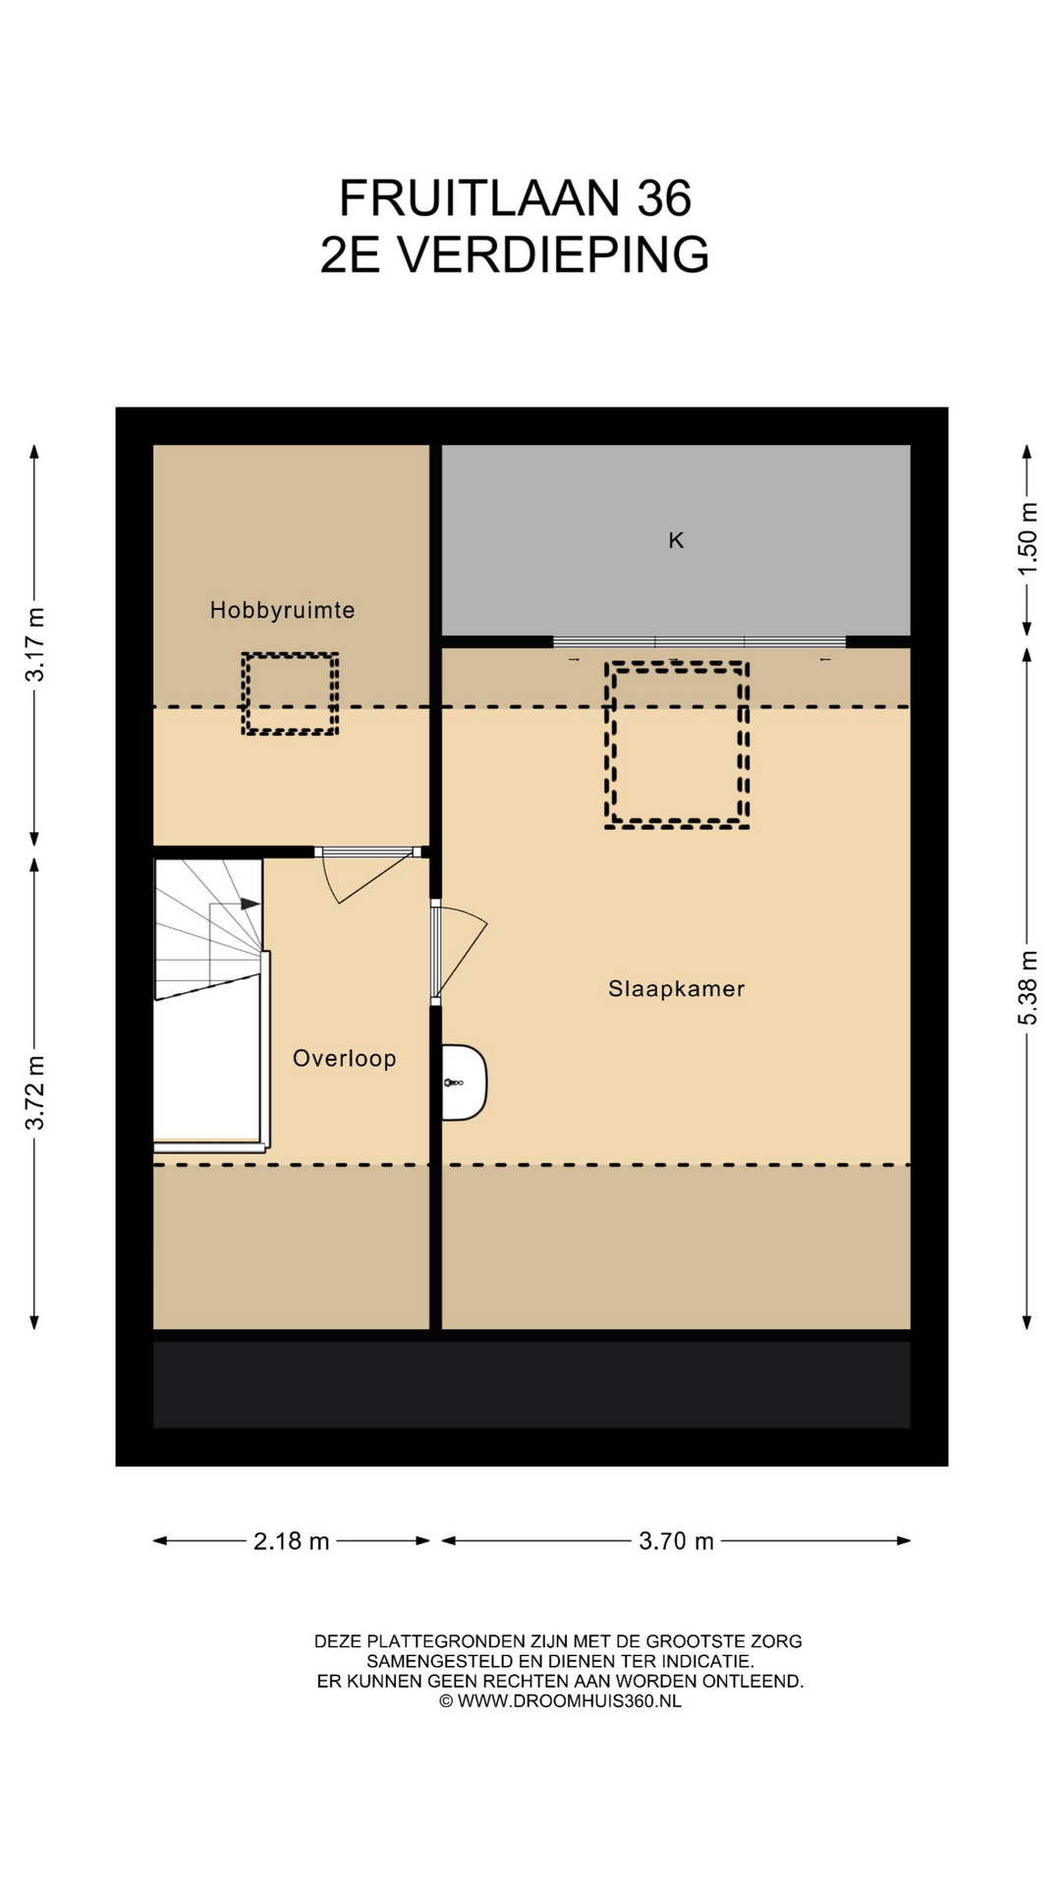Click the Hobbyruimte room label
282,610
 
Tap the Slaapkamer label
676,989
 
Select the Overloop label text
344,1058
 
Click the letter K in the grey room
676,540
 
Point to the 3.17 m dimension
35,645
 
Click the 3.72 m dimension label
35,1093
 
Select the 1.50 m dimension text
1028,540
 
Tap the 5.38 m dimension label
1028,988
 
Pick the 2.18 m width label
291,1541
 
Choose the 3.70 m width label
676,1541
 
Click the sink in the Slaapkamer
464,1082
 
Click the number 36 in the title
664,198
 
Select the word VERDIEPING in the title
553,255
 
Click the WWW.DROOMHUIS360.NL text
569,1701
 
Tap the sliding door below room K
699,642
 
